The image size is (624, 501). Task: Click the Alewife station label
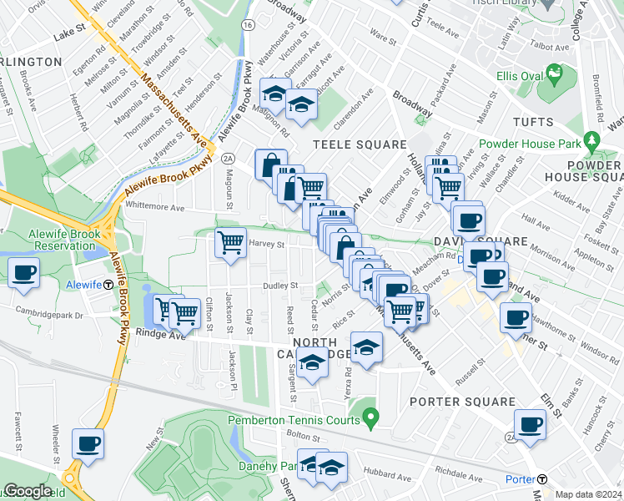(x=83, y=285)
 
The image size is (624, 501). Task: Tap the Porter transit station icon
(x=542, y=479)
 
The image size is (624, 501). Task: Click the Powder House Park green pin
(x=592, y=139)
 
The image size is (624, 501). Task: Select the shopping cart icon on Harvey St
(x=231, y=243)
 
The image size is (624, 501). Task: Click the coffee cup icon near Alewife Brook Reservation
(x=23, y=273)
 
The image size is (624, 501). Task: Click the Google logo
(x=28, y=491)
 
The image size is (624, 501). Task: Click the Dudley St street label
(x=282, y=286)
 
